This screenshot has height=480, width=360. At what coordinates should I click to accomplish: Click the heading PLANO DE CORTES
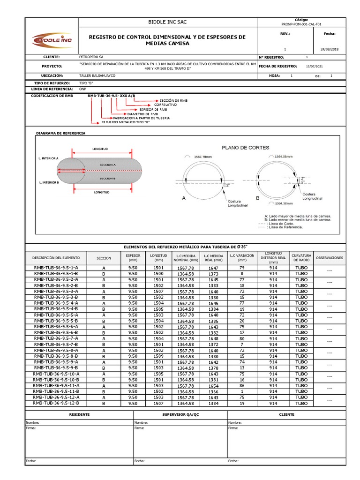coord(245,147)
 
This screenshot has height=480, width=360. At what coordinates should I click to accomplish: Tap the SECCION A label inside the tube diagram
coord(107,165)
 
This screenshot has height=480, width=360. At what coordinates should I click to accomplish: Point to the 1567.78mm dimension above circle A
coord(203,157)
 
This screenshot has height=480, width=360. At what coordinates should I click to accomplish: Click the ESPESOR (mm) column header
coord(133,257)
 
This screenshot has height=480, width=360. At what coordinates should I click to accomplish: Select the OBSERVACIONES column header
coord(330,257)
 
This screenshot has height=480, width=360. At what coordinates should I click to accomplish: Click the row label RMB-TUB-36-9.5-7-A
coord(56,338)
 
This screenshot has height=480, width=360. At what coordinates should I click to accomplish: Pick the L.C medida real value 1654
coord(214,385)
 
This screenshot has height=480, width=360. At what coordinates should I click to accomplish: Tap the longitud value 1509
coord(158,356)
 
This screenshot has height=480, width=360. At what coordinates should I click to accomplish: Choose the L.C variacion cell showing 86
coord(242,385)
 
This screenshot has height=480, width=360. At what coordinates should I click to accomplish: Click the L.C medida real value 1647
coord(214,268)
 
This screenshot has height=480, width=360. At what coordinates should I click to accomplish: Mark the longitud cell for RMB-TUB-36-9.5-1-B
coord(158,273)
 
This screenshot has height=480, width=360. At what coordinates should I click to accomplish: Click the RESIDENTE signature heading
coord(79,414)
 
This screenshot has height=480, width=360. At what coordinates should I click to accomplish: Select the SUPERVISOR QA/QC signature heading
coord(180,414)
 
